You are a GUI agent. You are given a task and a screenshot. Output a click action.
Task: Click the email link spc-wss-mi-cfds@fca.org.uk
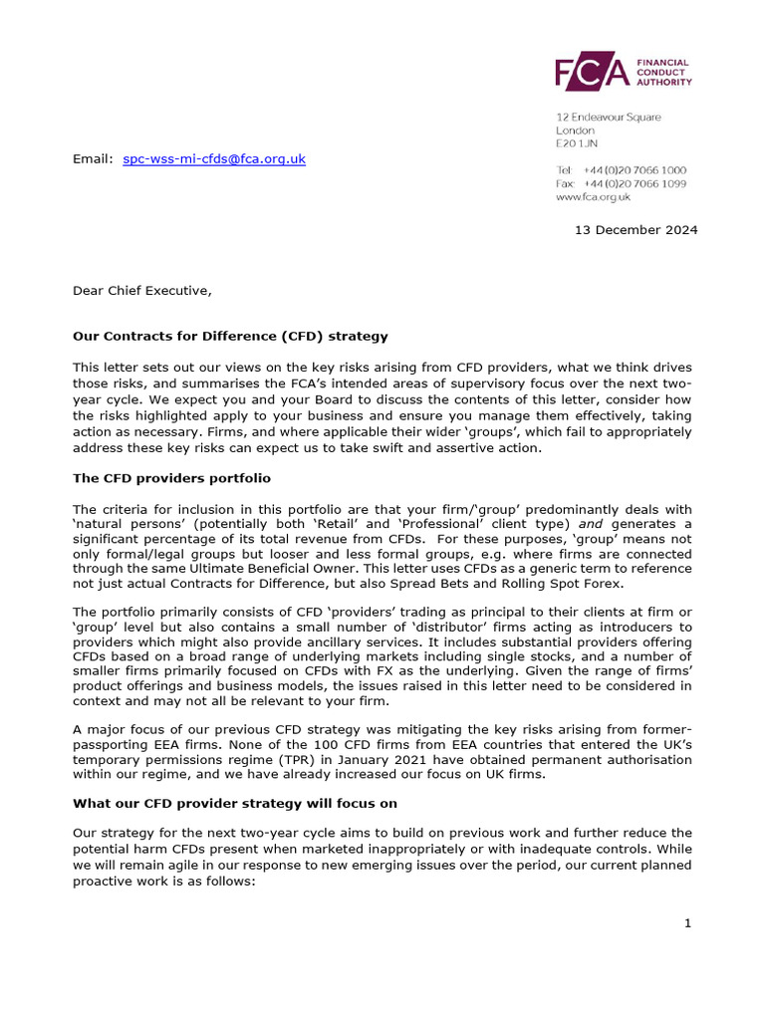point(214,158)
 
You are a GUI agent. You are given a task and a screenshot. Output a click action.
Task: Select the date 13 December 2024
point(636,230)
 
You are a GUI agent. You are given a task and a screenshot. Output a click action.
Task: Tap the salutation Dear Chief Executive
point(142,291)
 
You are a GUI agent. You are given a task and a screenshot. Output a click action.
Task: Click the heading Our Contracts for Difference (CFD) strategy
point(230,336)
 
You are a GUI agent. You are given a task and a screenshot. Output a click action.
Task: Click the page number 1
point(687,923)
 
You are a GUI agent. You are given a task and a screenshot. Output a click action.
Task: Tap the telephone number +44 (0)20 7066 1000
point(635,170)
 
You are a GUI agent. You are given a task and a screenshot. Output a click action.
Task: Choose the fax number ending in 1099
point(635,184)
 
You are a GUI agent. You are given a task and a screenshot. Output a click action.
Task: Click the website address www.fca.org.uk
point(593,197)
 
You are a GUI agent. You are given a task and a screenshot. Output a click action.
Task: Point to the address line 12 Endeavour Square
point(608,118)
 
